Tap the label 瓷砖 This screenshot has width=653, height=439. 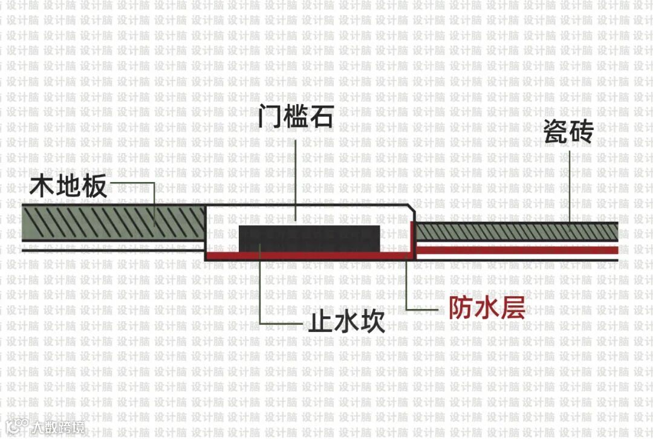point(568,132)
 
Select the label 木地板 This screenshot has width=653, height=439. point(68,187)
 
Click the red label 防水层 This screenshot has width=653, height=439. point(486,308)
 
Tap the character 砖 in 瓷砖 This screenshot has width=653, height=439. point(581,132)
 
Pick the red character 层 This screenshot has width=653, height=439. point(512,308)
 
